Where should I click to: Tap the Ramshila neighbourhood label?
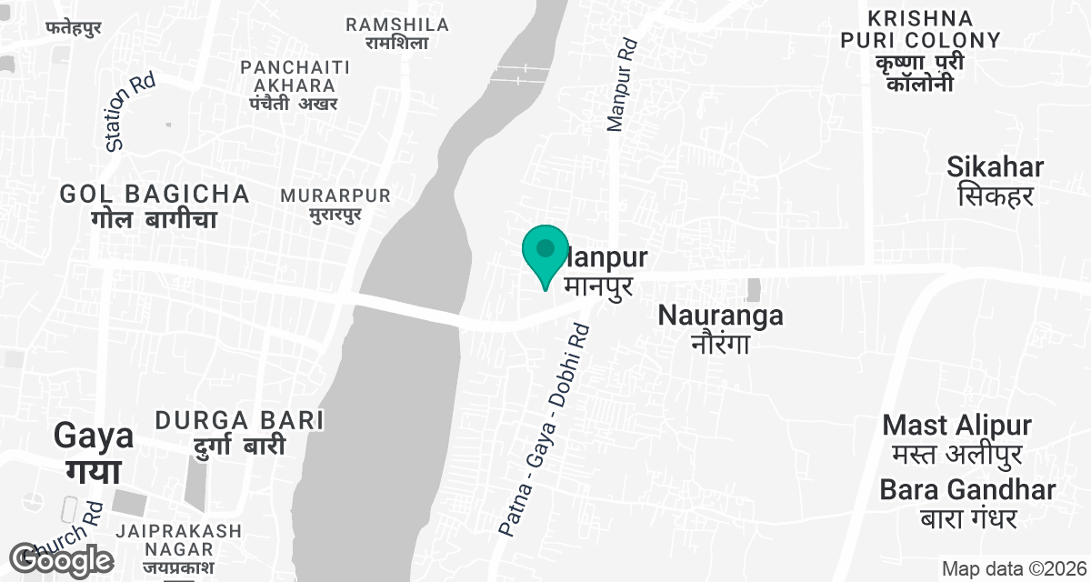coord(397,33)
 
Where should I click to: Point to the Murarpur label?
coord(335,205)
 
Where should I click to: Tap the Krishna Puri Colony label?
coord(920,51)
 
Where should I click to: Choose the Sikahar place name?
coord(995,180)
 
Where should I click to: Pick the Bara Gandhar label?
coord(967,503)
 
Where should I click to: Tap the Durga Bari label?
coord(239,432)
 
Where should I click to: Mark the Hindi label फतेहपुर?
coord(73,27)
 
